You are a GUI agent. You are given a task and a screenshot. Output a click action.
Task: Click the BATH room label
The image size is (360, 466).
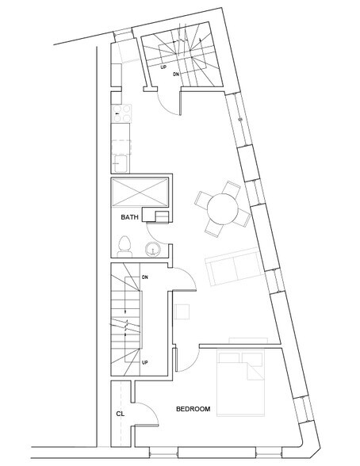tap(131, 217)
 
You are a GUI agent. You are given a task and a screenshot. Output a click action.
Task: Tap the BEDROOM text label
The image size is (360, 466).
tap(193, 409)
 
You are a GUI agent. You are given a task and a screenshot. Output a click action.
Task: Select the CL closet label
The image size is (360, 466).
tap(120, 413)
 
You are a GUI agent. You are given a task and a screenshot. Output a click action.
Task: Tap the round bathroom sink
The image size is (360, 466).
tap(152, 250)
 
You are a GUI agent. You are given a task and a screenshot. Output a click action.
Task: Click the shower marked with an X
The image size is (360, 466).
tap(140, 193)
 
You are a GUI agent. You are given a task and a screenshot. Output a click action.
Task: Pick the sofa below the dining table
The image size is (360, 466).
tap(232, 269)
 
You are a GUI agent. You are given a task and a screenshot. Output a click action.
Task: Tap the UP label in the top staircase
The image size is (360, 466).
tap(163, 67)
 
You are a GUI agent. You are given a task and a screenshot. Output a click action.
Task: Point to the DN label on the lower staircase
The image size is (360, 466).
tap(146, 277)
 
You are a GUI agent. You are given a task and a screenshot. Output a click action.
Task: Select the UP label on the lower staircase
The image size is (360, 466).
tap(146, 362)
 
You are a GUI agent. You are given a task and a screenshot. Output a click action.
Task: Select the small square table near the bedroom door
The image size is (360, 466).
tap(185, 311)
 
